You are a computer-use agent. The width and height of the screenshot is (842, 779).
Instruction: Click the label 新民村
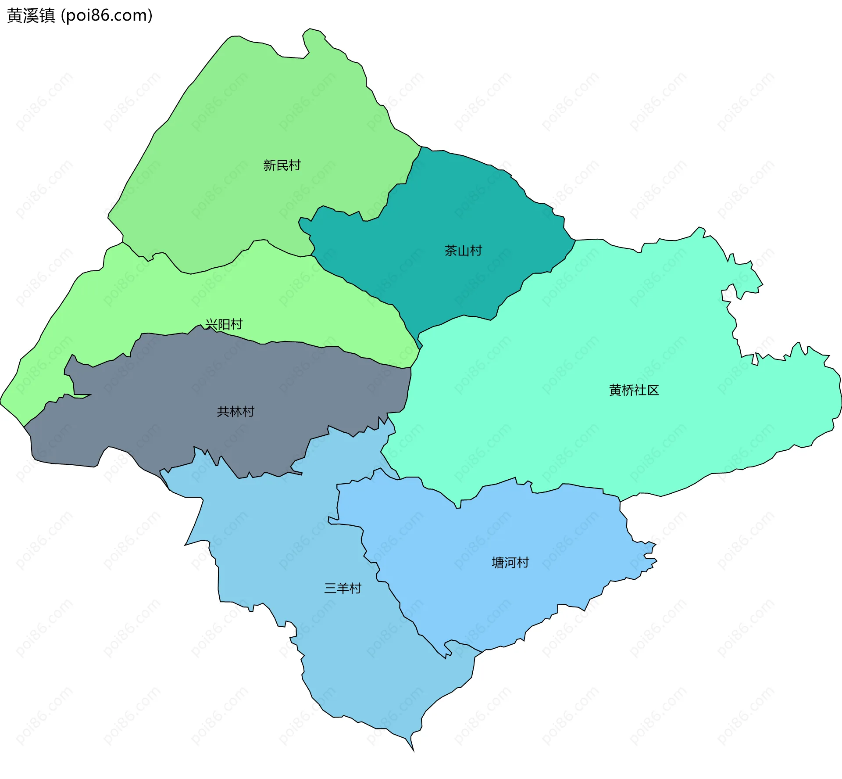(x=282, y=165)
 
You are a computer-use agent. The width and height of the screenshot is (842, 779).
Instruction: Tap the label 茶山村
(x=463, y=251)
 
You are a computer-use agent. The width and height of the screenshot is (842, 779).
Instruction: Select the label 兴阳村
(x=224, y=324)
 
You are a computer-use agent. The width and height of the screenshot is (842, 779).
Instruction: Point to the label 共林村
(x=235, y=412)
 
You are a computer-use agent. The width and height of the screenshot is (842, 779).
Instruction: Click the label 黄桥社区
(x=634, y=390)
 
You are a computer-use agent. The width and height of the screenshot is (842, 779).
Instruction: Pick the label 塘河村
(x=510, y=563)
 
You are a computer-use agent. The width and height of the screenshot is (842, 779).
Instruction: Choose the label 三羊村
(x=343, y=588)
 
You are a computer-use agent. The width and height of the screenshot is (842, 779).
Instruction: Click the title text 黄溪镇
(x=31, y=15)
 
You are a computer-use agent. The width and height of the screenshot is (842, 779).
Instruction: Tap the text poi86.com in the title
(x=107, y=15)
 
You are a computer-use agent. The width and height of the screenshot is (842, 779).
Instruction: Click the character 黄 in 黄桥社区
(x=615, y=390)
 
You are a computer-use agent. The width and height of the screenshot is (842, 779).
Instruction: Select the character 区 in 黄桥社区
(x=653, y=390)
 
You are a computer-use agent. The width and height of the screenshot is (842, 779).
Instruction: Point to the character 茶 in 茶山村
(x=451, y=251)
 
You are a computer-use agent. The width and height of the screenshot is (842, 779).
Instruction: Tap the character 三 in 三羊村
(x=330, y=588)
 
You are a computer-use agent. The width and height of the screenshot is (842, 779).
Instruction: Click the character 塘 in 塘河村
(x=498, y=563)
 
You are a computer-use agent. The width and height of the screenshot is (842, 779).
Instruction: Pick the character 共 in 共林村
(x=223, y=412)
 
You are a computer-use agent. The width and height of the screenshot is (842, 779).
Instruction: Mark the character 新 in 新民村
(x=269, y=165)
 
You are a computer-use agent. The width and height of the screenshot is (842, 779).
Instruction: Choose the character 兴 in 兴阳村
(x=211, y=324)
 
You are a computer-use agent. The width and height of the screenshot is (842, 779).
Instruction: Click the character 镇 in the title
(x=47, y=15)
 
